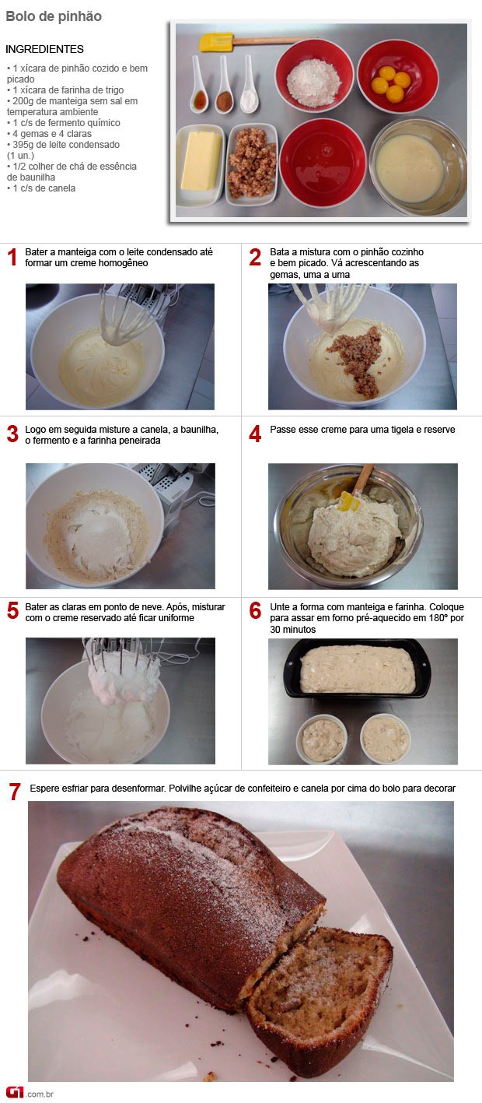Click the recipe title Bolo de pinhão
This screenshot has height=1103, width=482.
click(x=54, y=16)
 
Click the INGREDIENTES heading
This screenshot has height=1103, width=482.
click(x=45, y=49)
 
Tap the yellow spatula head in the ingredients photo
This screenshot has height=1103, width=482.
click(x=216, y=42)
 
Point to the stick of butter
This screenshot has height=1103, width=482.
click(x=201, y=161)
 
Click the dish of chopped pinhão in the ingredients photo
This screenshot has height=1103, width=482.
click(x=251, y=164)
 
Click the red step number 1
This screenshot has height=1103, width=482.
click(x=12, y=257)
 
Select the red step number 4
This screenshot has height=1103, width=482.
click(x=255, y=434)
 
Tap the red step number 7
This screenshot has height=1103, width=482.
click(x=15, y=792)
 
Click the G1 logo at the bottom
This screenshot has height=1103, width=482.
click(x=16, y=1092)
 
